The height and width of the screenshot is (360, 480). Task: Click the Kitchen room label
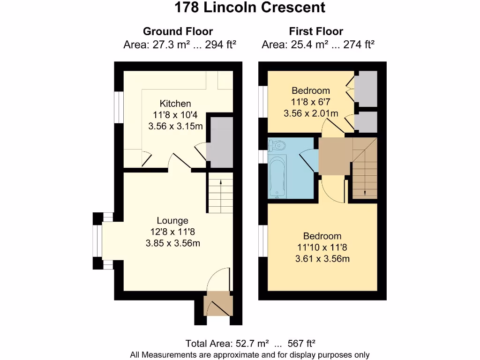coord(175,104)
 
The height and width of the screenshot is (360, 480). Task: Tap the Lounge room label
coord(172,221)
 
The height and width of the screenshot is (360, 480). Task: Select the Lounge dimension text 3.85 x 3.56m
coord(173,243)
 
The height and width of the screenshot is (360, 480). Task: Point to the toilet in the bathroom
coord(277,145)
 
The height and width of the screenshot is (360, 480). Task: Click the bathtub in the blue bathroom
coord(277,176)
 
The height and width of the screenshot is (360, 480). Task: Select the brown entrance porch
coord(218,304)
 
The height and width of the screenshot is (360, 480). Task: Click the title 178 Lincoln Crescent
coord(250,7)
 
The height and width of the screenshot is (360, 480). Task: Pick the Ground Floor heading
coord(178,31)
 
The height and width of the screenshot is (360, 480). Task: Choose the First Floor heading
coord(316,31)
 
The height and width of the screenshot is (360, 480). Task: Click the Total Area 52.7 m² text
coord(227,344)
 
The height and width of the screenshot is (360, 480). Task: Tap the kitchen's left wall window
coord(119,107)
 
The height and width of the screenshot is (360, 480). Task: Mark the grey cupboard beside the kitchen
coord(219,142)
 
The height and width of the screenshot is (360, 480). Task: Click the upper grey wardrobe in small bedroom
coord(366,89)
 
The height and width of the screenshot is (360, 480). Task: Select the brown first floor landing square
coord(335,156)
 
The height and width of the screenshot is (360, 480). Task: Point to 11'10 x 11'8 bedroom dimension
coord(322,247)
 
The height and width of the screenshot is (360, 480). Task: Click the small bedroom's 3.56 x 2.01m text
coord(311,113)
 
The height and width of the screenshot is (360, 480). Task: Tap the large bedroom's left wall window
coord(263,241)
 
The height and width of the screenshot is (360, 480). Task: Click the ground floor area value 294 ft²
coord(220,45)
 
